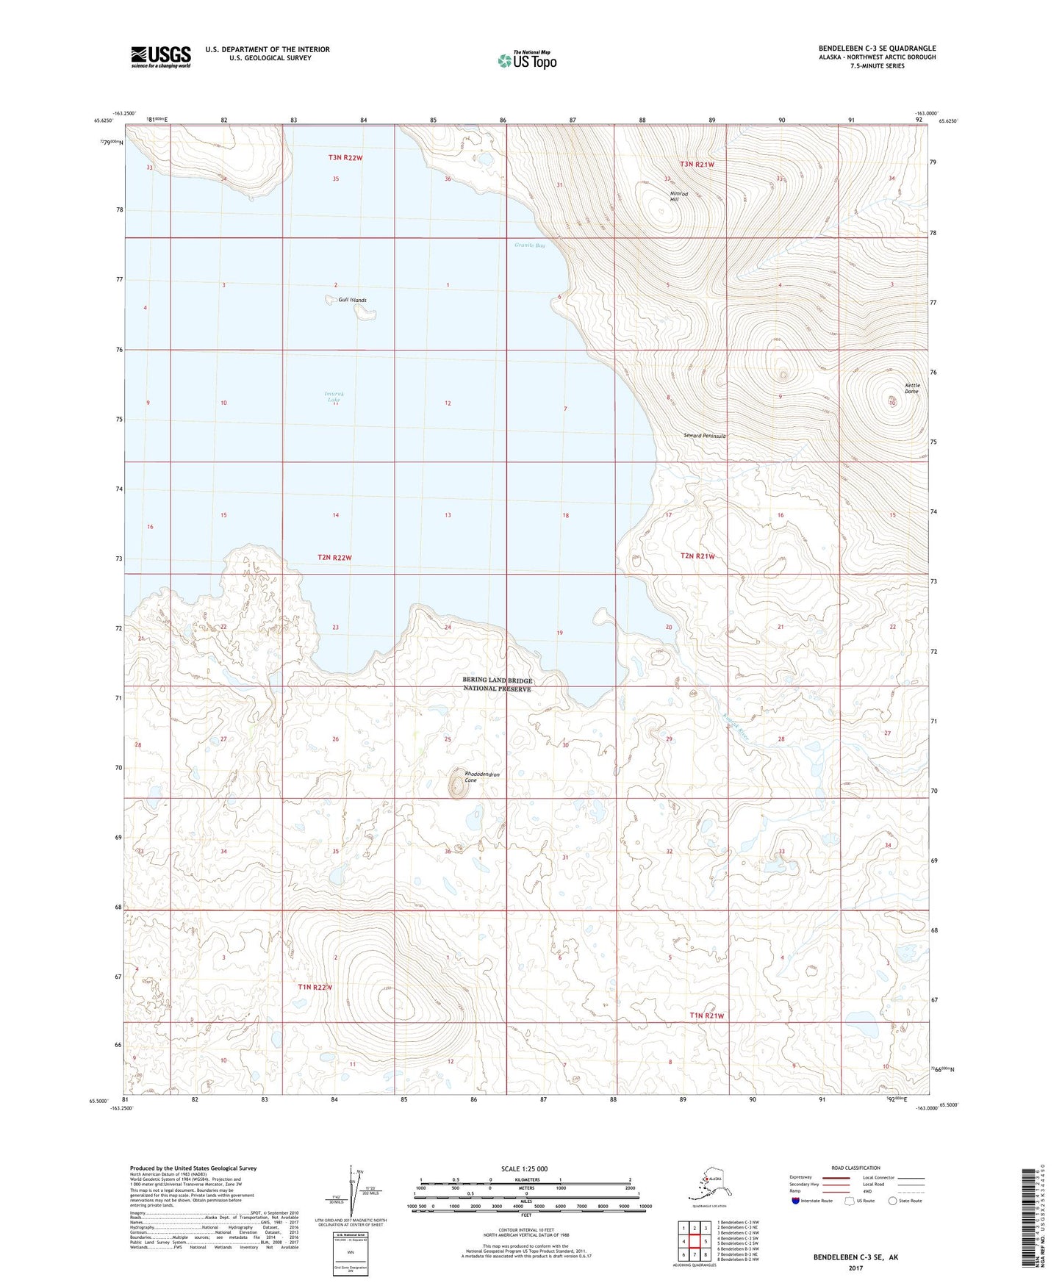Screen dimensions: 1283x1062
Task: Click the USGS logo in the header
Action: pos(161,57)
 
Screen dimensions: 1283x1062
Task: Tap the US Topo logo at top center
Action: pos(527,60)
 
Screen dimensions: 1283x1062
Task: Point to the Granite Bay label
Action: pos(530,245)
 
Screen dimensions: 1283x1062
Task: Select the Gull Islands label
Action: pos(352,300)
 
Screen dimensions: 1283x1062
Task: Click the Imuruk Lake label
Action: pos(334,397)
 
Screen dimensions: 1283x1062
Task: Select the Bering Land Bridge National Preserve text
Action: pos(498,685)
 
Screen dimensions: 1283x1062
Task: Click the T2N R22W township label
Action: pos(334,558)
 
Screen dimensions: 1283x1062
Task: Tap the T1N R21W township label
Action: pos(707,1016)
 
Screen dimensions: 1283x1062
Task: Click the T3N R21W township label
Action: pos(697,165)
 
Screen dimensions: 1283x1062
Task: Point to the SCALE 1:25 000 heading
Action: pos(524,1168)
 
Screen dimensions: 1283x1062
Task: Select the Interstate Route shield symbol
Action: pos(796,1201)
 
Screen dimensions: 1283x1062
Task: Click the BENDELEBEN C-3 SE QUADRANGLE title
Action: pos(877,48)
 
